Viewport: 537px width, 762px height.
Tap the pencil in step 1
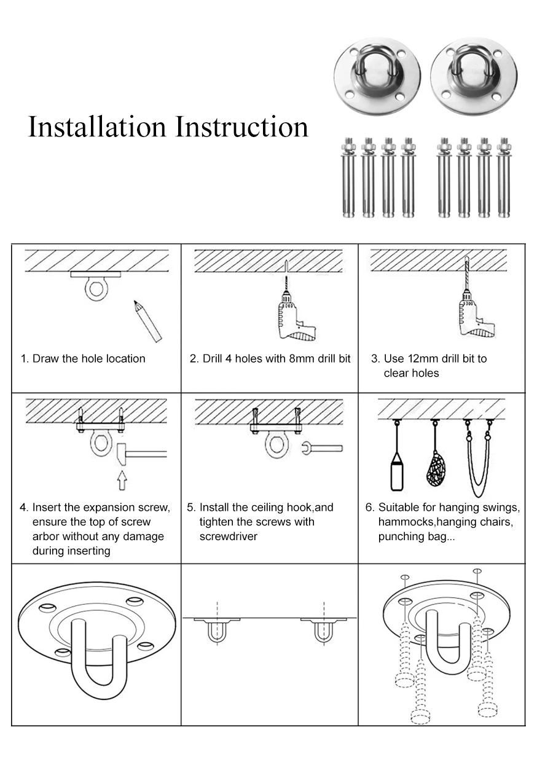tap(147, 320)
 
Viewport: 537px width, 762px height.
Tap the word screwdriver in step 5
tap(228, 536)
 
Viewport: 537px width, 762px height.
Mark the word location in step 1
tap(125, 358)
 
